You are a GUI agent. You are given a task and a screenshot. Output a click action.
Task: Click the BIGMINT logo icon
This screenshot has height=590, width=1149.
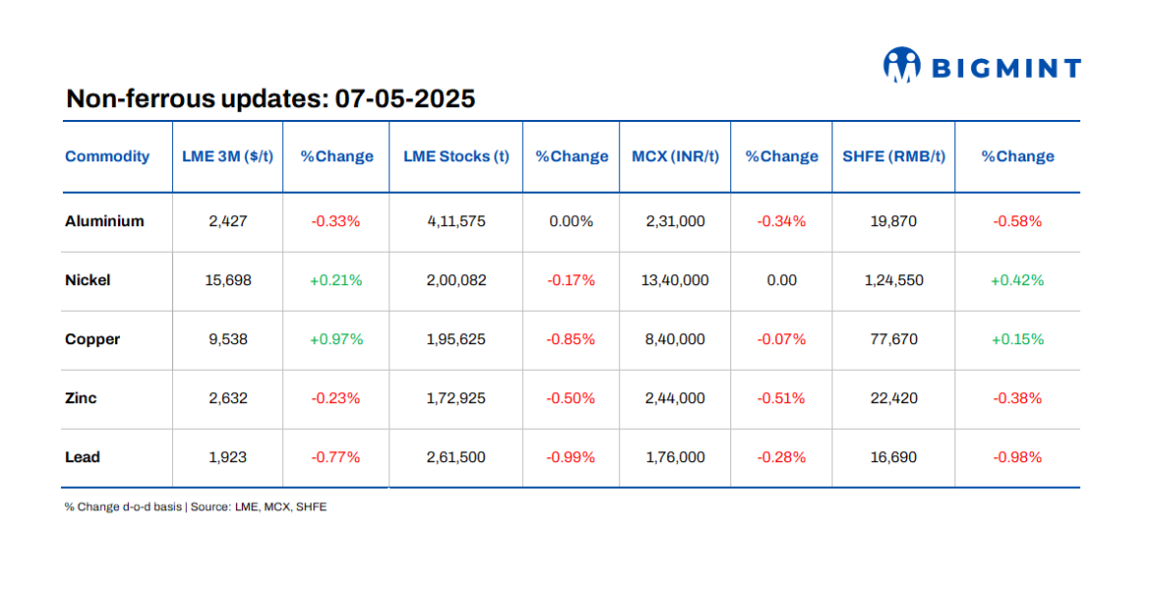tap(901, 66)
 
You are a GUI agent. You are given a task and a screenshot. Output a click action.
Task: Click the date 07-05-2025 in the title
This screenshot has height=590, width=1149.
tap(405, 99)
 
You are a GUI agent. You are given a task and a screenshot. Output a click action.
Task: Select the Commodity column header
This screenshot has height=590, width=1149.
tap(107, 156)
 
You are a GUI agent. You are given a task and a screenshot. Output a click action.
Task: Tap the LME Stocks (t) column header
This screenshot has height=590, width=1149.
tap(456, 156)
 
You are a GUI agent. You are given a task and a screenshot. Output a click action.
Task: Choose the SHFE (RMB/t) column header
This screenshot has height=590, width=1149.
tap(893, 156)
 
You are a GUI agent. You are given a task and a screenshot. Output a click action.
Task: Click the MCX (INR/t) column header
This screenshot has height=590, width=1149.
tap(674, 156)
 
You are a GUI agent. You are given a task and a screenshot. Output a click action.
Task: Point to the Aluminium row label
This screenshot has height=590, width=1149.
tap(104, 221)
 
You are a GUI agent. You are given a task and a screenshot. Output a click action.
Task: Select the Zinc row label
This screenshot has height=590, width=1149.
tap(81, 398)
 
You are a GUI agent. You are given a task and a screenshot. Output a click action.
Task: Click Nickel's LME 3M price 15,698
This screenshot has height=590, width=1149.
tap(228, 280)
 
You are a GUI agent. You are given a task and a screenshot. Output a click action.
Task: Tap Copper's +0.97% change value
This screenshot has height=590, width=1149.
tap(336, 339)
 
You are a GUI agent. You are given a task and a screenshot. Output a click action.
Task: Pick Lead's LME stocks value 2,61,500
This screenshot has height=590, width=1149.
tap(456, 457)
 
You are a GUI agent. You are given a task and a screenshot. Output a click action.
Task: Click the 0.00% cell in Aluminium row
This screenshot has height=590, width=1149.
tap(571, 221)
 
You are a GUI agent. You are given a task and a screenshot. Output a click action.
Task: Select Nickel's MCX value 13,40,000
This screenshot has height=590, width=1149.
tap(674, 280)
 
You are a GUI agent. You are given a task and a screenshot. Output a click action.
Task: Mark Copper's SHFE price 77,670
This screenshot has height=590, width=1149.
tap(893, 339)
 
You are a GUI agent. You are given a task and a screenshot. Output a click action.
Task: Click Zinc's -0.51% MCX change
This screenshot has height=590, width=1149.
tap(781, 398)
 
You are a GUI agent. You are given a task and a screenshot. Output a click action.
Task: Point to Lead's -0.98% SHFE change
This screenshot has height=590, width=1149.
tap(1017, 457)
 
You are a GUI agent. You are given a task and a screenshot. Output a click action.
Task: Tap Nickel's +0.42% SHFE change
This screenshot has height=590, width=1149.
tap(1017, 280)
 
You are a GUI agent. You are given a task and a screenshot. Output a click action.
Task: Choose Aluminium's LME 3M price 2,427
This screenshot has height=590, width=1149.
tap(228, 221)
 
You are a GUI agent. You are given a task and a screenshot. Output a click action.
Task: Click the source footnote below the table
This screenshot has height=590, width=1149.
tap(196, 507)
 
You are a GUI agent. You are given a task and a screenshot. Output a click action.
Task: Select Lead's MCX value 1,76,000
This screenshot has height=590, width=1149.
tap(674, 457)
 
